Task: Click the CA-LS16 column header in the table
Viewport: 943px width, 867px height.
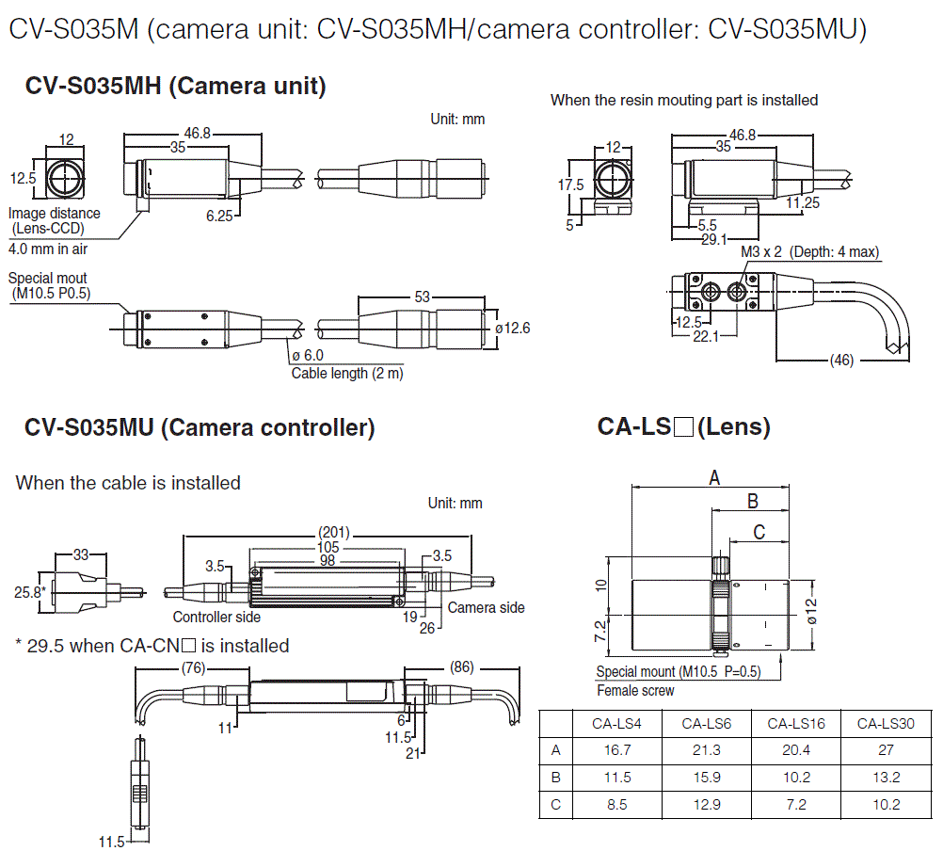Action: click(x=796, y=723)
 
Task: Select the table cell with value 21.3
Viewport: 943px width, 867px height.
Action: click(x=706, y=750)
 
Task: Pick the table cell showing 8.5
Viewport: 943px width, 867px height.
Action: click(x=616, y=804)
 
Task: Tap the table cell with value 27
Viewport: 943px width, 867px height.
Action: click(x=886, y=750)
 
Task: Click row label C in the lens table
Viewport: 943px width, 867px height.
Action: click(x=555, y=804)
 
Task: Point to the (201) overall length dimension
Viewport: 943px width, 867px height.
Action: click(x=333, y=532)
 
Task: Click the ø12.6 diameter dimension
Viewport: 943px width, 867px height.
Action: click(x=512, y=329)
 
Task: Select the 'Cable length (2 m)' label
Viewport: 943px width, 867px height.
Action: click(x=346, y=373)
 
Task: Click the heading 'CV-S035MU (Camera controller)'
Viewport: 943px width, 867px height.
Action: click(x=200, y=428)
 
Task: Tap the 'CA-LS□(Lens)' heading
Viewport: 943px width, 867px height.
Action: click(x=683, y=426)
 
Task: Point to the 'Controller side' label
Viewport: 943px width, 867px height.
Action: click(x=216, y=617)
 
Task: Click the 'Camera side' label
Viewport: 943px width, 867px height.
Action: click(x=486, y=607)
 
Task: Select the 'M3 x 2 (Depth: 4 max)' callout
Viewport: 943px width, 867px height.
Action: click(x=809, y=252)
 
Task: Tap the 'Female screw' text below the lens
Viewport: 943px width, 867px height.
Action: click(x=635, y=690)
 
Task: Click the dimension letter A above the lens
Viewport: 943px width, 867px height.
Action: click(x=713, y=478)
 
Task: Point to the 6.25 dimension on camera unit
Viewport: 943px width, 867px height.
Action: click(x=218, y=216)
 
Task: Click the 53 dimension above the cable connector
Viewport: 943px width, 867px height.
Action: click(x=422, y=297)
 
